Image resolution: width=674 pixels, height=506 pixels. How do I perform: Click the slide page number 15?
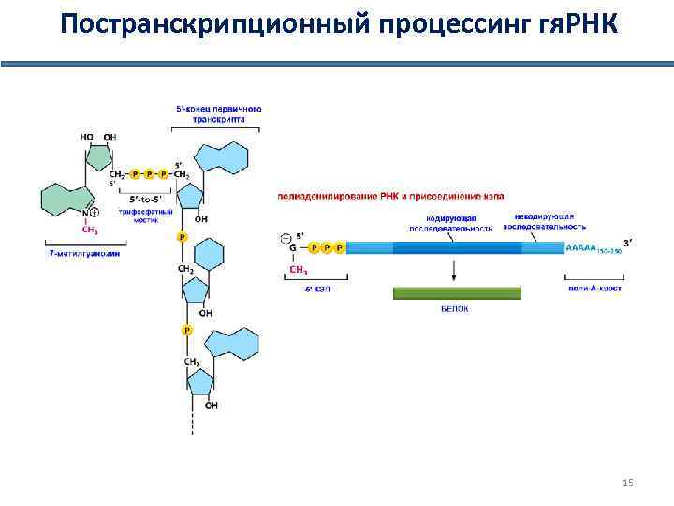coord(627,483)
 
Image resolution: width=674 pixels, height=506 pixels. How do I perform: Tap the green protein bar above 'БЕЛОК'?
coord(456,292)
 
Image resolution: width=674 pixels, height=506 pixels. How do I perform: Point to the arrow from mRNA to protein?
coord(455,270)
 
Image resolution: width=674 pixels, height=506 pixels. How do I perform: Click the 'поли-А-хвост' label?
coord(594,288)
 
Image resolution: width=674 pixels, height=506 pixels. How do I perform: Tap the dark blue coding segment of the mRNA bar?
coord(457,248)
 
